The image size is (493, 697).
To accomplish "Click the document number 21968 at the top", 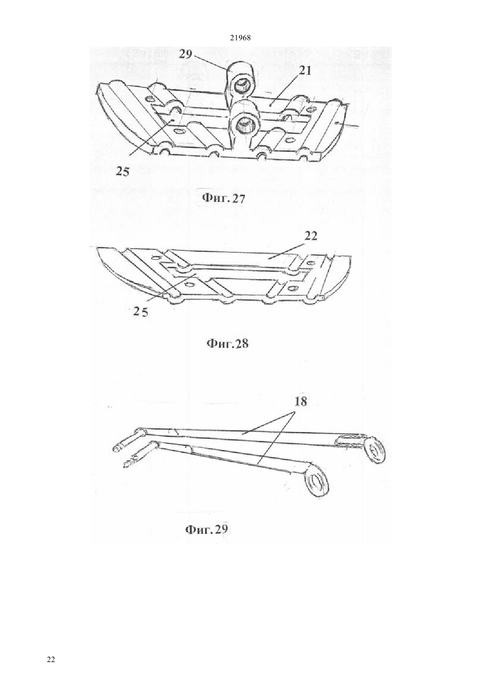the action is (x=240, y=38).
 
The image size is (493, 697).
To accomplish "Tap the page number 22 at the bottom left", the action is (x=51, y=659).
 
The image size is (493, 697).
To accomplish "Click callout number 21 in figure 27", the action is (x=305, y=71).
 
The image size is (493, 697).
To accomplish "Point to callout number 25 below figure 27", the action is (x=122, y=172).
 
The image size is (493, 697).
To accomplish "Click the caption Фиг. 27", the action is (x=224, y=198).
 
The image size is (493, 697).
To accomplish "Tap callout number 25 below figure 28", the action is (x=140, y=312).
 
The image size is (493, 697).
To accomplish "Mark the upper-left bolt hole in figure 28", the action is (x=154, y=258).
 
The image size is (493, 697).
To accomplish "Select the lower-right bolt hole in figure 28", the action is (x=292, y=286).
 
